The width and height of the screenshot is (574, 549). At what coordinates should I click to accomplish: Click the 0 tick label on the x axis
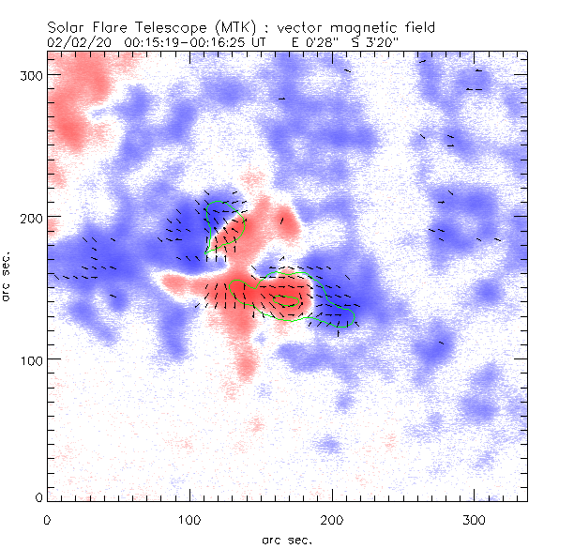click(x=48, y=518)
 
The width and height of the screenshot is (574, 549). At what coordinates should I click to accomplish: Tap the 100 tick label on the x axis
click(x=189, y=518)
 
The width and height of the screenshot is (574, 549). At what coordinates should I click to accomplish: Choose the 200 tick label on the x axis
click(x=332, y=518)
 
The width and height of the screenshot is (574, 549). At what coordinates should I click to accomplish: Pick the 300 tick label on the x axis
click(x=475, y=518)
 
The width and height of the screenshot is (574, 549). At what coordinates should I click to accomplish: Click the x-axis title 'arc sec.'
click(x=287, y=540)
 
